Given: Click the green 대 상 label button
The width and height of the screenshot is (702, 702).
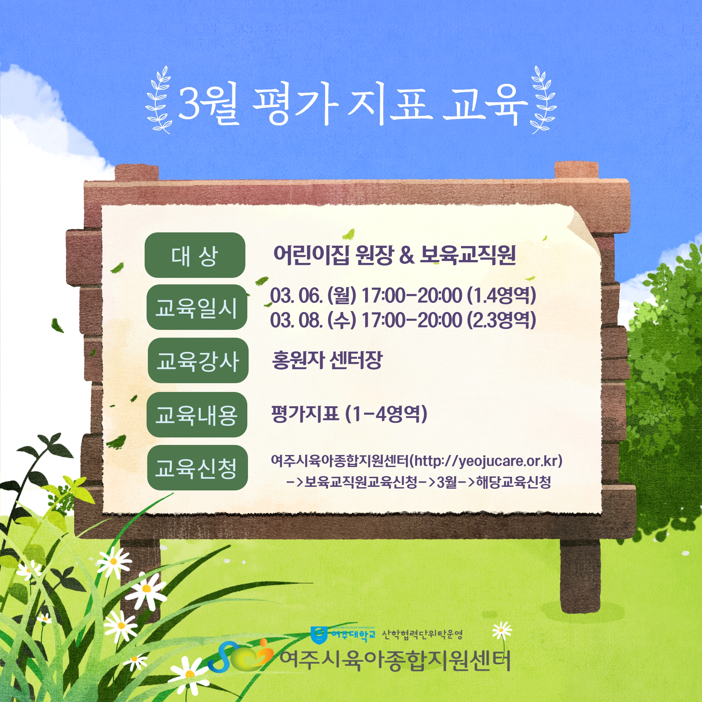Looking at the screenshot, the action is (x=195, y=255).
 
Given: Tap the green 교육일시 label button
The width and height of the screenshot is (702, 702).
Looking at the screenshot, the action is (x=197, y=307).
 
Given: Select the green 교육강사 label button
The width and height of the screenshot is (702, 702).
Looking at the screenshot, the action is (x=198, y=360).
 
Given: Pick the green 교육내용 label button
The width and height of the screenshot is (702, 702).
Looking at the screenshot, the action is (x=197, y=415).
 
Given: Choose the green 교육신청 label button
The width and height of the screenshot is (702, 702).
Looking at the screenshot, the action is (x=197, y=468).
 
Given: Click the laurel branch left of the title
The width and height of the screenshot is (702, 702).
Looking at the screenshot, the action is (x=158, y=99).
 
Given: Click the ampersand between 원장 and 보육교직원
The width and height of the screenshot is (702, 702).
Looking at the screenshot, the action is (x=407, y=255).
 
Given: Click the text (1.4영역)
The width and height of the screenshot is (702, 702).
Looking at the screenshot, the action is (x=501, y=295).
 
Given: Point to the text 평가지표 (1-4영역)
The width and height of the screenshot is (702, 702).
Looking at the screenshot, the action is (x=349, y=414).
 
